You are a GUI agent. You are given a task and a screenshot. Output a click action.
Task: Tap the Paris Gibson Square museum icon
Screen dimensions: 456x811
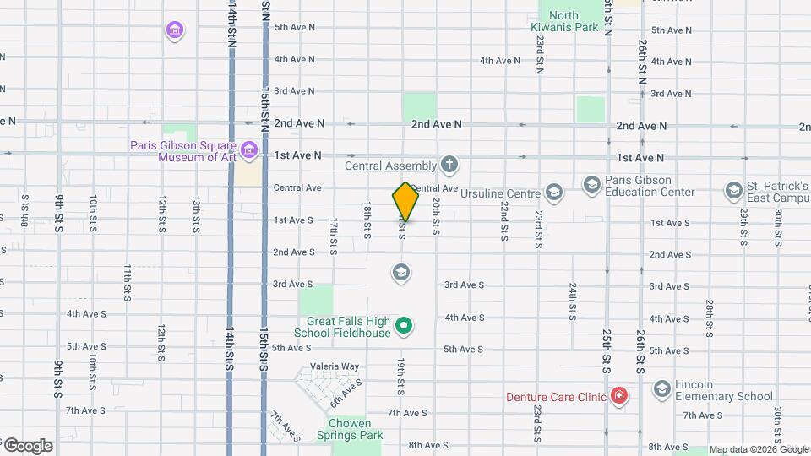pos(248,151)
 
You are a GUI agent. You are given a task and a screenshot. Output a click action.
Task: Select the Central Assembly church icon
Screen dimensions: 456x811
pos(449,165)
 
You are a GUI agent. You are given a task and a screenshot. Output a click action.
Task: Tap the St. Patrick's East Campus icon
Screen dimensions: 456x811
pos(732,191)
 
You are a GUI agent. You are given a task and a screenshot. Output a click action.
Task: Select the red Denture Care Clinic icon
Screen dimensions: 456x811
pos(619,396)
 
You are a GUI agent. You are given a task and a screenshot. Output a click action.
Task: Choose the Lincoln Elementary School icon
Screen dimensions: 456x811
pos(661,388)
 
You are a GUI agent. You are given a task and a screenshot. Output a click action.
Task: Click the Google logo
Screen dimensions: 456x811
pos(27,446)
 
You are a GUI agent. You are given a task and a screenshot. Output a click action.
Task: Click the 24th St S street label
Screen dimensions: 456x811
pos(573,301)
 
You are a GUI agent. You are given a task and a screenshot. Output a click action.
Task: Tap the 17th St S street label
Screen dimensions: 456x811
pos(334,236)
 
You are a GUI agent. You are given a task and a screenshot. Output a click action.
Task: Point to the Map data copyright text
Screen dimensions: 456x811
pos(759,449)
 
